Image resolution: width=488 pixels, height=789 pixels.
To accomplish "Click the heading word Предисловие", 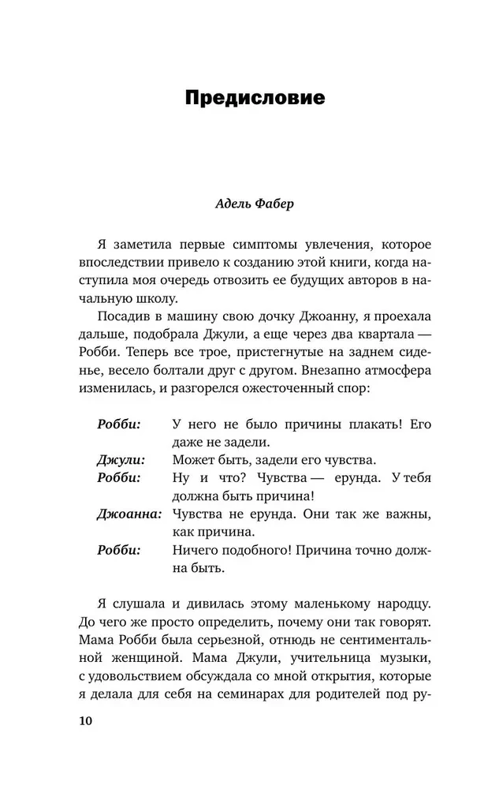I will coord(243,99).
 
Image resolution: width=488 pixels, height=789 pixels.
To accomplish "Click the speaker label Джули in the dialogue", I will coord(119,459).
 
